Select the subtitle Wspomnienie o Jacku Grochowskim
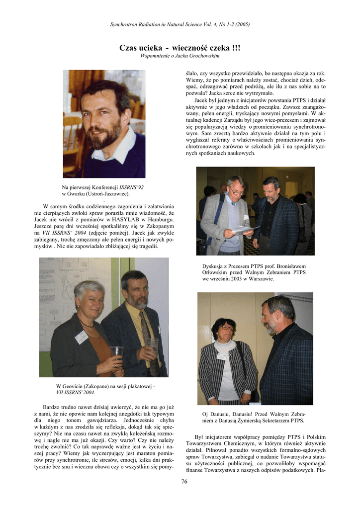180,56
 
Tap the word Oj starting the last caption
205,414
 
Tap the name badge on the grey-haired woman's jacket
81,338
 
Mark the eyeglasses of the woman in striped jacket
227,327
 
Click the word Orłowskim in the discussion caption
214,273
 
